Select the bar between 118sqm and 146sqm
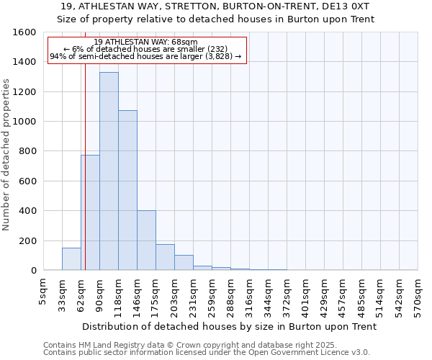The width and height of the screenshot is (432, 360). [x=127, y=190]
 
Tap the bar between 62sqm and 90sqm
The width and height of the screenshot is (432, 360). [x=90, y=212]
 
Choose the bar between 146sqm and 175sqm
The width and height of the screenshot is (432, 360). [x=146, y=240]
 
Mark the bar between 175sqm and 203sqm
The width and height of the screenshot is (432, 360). [x=165, y=257]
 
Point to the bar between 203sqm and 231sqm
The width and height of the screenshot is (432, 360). [x=184, y=263]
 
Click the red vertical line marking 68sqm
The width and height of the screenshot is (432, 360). [x=85, y=180]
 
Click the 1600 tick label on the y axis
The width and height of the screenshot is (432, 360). [x=24, y=32]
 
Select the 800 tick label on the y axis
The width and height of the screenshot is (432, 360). [x=27, y=151]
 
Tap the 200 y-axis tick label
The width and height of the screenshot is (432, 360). [x=27, y=240]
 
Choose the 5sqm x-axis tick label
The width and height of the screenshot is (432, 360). [x=43, y=292]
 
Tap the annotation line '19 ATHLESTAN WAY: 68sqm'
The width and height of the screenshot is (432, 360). [x=145, y=42]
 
